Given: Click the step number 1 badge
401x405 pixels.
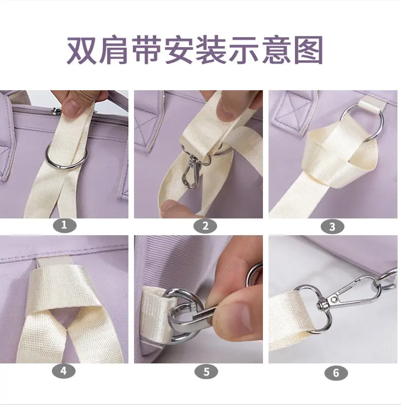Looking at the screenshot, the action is pos(64,225).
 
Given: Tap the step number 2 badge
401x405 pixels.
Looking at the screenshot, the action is pos(206,226).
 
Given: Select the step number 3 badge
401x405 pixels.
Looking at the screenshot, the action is pos(332,227).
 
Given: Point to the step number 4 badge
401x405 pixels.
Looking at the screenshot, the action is pos(63,371).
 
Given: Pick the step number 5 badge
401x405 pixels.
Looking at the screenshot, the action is pos(206,372).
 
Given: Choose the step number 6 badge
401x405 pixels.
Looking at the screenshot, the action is pos(336,373).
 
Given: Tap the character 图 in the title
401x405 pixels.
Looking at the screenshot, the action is pos(309,50).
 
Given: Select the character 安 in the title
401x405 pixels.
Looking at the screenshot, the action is pos(179,50).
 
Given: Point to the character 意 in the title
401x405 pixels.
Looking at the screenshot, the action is pos(276,50).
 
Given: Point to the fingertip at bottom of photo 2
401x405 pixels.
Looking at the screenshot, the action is pos(173,207).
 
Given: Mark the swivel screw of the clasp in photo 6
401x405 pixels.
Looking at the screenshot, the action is pos(321,305).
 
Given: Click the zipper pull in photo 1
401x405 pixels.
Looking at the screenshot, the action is pos(56,111).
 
